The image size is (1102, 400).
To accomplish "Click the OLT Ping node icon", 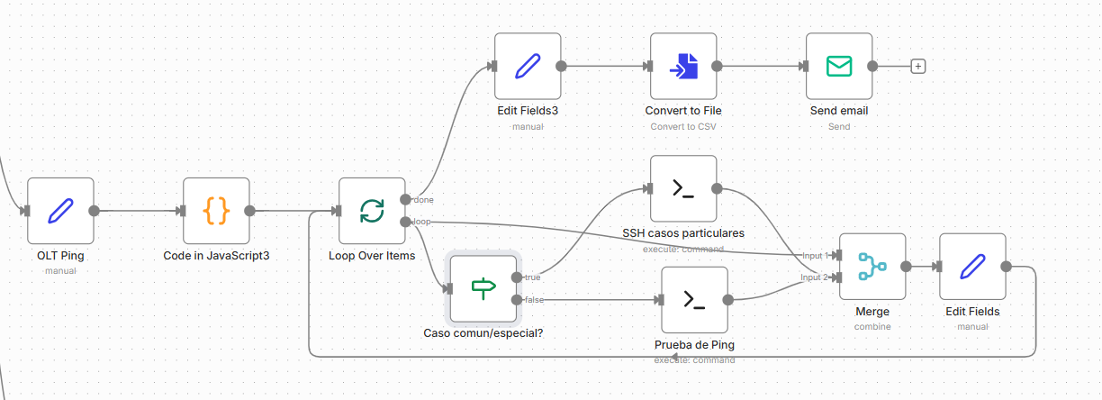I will pos(60,211).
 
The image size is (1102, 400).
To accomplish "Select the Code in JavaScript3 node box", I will pos(216,211).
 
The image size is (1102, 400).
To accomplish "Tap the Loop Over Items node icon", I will pos(372,211).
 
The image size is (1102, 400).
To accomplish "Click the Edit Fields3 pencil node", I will pos(528,67).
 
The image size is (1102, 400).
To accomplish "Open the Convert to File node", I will pos(683,67).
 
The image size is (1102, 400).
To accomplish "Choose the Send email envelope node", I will pos(839,67).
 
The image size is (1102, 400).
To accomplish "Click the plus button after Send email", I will pos(918,66).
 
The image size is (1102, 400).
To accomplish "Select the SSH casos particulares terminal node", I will pos(683,188).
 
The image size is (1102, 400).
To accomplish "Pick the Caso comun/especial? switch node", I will pos(484,288).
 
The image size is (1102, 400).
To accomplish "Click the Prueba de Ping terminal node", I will pos(694,300).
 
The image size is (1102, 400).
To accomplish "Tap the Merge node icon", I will pos(872,267).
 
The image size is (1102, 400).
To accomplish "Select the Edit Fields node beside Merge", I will pos(972,267).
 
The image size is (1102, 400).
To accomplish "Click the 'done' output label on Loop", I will pos(423,199).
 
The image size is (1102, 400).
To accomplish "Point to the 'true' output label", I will pos(532,277).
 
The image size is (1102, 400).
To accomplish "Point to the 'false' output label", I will pos(533,299).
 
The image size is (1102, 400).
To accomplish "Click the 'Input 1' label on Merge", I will pos(815,256).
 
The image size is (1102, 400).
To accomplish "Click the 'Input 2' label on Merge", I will pos(815,277).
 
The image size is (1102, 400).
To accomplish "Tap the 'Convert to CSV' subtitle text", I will pos(683,126).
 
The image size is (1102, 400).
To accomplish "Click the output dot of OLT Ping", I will pos(94,211).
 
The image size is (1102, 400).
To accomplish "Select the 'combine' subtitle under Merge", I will pos(872,326).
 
